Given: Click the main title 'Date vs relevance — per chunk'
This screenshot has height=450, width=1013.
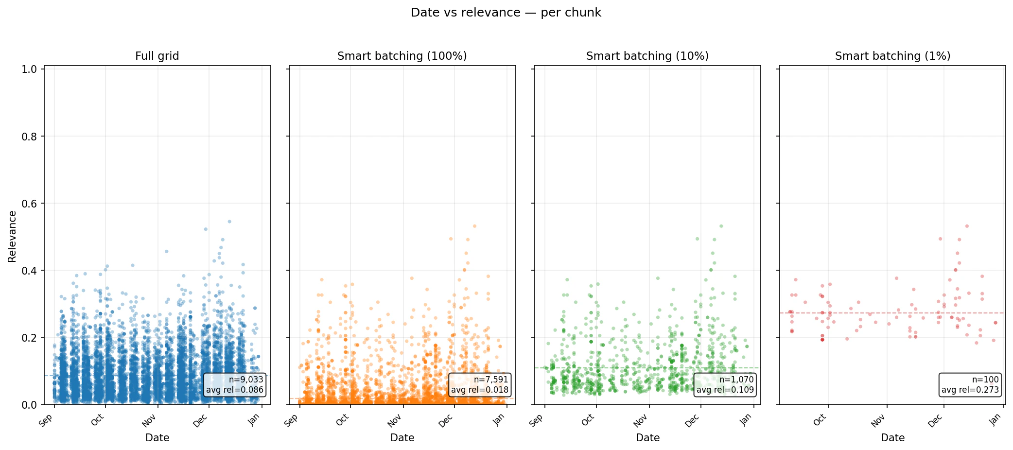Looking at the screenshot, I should (506, 13).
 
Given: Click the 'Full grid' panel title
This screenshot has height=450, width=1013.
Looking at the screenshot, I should (157, 56).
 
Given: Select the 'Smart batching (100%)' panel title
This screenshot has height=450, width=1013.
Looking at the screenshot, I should (402, 56).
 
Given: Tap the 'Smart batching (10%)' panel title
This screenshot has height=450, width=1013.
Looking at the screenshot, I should (647, 56).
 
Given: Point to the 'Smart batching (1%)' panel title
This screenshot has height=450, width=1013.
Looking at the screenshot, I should (892, 56).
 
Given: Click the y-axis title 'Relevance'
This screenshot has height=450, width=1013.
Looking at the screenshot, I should (12, 236).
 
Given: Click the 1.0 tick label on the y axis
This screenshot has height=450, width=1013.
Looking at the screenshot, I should (29, 69).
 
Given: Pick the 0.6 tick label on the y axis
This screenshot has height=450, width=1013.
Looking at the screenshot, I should (29, 203).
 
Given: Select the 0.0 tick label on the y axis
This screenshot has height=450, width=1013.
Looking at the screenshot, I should (29, 404).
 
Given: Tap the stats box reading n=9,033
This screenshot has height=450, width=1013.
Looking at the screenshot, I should (235, 384).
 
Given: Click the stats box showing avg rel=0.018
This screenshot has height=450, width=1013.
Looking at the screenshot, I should (480, 384).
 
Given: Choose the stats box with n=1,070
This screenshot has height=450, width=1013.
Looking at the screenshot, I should (725, 384).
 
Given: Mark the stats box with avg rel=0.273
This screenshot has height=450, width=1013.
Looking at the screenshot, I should (970, 384).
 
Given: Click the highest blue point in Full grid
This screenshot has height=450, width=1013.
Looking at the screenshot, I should (229, 222).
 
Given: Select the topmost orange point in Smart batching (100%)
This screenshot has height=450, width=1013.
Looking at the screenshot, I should (474, 226).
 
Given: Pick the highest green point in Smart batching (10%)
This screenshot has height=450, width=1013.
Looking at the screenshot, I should (721, 226).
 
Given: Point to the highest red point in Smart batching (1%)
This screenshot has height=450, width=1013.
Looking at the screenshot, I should (967, 226).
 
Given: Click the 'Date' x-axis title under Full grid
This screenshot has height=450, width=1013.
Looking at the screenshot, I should (157, 437).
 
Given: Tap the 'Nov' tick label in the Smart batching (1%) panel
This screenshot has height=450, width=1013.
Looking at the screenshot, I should (878, 420).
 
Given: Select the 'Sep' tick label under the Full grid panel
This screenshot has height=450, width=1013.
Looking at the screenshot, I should (46, 421).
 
